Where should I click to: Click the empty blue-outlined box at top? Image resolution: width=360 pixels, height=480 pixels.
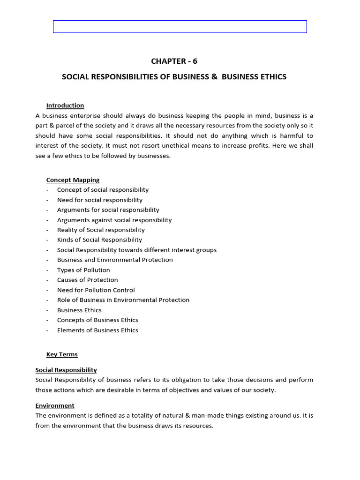(180, 27)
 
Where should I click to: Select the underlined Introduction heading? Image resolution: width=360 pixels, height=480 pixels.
(65, 105)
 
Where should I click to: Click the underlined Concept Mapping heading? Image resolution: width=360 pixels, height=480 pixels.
(73, 180)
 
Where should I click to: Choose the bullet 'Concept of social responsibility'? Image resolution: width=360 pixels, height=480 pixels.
(103, 190)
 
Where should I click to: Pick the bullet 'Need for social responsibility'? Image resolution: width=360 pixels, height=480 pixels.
(99, 200)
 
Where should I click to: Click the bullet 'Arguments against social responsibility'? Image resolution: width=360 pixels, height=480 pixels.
(114, 220)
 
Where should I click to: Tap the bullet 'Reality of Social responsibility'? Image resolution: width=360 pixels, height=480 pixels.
(101, 230)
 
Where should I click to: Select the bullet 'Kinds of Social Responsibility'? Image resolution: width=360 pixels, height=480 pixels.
(99, 240)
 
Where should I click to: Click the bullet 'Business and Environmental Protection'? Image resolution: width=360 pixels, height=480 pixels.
(115, 260)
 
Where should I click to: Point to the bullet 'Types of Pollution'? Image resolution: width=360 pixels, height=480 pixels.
(83, 270)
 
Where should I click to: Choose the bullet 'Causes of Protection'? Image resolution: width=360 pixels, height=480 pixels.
(87, 280)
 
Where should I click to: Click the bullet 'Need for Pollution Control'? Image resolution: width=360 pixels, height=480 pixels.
(96, 290)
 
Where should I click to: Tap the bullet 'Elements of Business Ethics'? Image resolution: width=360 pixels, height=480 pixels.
(97, 330)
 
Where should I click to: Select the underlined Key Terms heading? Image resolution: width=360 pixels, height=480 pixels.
(62, 354)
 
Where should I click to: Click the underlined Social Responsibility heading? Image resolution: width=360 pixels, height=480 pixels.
(66, 370)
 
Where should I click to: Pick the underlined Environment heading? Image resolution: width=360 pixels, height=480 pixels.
(55, 405)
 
